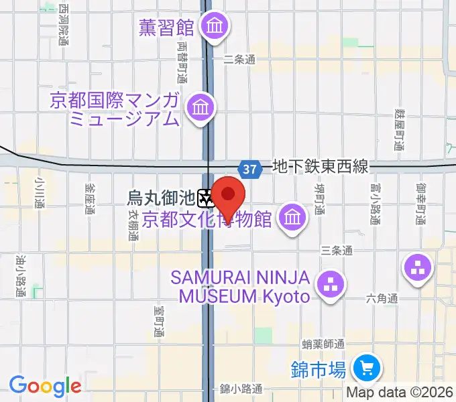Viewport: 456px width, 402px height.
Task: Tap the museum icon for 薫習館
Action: tap(216, 27)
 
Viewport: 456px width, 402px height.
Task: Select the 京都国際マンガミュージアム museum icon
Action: tap(201, 106)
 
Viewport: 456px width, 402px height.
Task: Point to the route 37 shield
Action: tap(249, 170)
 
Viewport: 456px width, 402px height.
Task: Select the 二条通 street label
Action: tap(240, 60)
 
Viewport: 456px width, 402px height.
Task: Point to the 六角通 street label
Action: tap(382, 299)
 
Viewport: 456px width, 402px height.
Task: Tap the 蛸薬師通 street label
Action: tap(323, 344)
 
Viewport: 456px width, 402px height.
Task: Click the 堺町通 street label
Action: tap(320, 199)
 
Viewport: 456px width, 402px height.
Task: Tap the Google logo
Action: tap(44, 385)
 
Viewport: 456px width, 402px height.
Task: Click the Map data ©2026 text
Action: tap(400, 392)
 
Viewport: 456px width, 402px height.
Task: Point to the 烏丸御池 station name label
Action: tap(161, 198)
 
